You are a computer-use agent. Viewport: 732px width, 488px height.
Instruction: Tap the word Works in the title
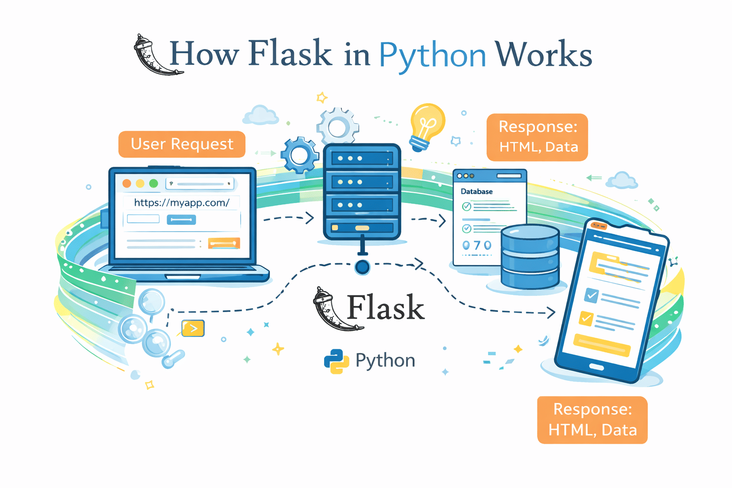pyautogui.click(x=543, y=54)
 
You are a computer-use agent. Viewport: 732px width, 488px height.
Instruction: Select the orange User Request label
pyautogui.click(x=182, y=144)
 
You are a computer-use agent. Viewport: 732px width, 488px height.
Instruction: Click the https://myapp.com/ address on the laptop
pyautogui.click(x=182, y=203)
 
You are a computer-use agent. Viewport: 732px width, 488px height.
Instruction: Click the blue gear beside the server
pyautogui.click(x=299, y=155)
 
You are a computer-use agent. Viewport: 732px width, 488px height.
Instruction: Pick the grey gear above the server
pyautogui.click(x=338, y=127)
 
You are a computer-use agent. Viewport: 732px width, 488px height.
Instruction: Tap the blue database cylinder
pyautogui.click(x=530, y=257)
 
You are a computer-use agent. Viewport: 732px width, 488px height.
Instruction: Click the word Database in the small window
pyautogui.click(x=477, y=192)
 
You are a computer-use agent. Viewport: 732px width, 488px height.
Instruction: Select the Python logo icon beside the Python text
pyautogui.click(x=336, y=361)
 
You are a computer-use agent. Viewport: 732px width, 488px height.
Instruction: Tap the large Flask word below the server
pyautogui.click(x=385, y=308)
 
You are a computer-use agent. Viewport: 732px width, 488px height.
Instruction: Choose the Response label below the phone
pyautogui.click(x=592, y=420)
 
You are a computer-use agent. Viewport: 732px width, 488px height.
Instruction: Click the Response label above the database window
pyautogui.click(x=538, y=137)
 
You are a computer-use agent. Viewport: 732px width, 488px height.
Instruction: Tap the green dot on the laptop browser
pyautogui.click(x=153, y=183)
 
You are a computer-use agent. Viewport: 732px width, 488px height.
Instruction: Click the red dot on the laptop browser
pyautogui.click(x=127, y=183)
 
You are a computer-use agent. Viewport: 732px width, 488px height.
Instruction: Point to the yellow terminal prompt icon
pyautogui.click(x=193, y=328)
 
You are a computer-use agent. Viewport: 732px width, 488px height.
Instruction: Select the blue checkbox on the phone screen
pyautogui.click(x=591, y=295)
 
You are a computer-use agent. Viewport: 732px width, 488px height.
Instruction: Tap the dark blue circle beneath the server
pyautogui.click(x=363, y=267)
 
